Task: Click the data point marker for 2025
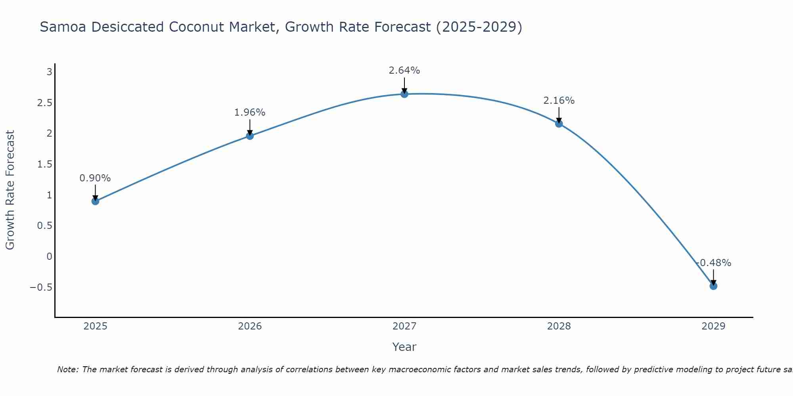coord(95,201)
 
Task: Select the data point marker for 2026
coord(250,136)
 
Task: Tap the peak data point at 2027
coord(404,94)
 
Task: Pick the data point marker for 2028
coord(559,124)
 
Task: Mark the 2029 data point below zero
coord(713,286)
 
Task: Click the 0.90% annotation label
coord(95,178)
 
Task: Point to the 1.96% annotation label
coord(250,112)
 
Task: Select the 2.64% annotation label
coord(404,70)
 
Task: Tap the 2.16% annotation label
coord(559,101)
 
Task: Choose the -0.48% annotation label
coord(714,263)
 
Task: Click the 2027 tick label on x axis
coord(404,326)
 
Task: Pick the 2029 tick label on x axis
coord(713,326)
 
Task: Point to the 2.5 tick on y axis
coord(45,103)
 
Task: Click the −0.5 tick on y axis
coord(41,287)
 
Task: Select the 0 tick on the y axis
coord(49,256)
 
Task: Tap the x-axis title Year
coord(404,347)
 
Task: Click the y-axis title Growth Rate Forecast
coord(10,190)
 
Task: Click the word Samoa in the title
coord(63,27)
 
